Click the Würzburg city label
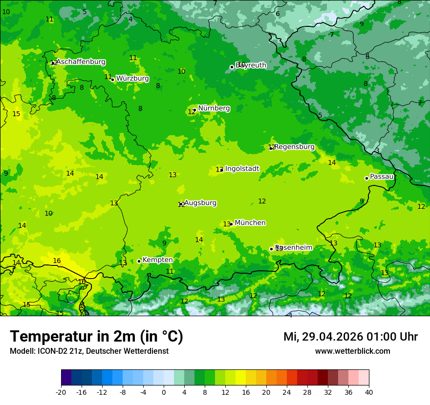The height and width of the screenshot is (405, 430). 132,79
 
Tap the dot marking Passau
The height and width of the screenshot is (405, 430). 366,178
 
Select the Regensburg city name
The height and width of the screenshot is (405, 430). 294,147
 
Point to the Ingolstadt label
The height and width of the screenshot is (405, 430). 242,169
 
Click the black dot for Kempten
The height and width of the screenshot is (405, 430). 139,261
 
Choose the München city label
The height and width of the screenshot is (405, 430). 250,223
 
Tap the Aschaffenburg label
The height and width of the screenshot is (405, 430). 81,62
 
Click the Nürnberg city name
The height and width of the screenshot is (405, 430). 214,108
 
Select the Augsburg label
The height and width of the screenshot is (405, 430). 200,203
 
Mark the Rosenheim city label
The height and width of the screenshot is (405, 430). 293,248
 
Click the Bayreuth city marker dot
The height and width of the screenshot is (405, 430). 232,67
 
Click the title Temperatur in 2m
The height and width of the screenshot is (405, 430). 96,336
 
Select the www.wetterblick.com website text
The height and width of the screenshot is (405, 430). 352,351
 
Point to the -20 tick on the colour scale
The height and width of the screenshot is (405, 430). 61,392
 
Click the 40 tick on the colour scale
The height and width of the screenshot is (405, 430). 368,392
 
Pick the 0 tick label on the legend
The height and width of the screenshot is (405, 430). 164,392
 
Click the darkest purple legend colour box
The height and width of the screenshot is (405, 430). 66,378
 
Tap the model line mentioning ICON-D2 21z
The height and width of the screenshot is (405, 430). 89,351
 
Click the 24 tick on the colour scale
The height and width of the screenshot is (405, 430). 287,392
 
